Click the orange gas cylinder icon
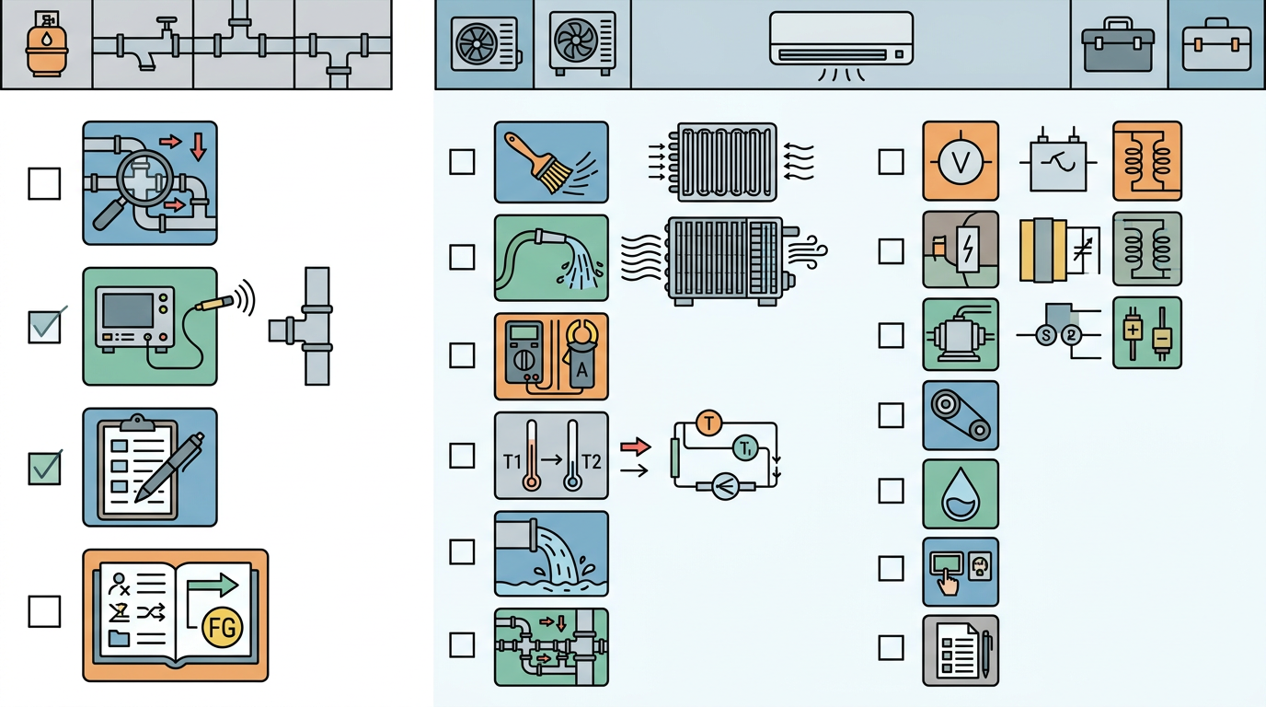click(x=47, y=44)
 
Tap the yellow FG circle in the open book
click(x=222, y=627)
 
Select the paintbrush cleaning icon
click(x=551, y=162)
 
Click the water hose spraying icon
click(x=551, y=258)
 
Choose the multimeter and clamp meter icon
click(x=551, y=356)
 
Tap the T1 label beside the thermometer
click(x=512, y=462)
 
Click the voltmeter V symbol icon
click(x=961, y=160)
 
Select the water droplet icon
click(x=961, y=493)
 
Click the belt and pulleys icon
click(x=961, y=415)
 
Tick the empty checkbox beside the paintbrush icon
click(x=462, y=162)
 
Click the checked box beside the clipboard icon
click(x=44, y=469)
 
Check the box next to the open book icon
click(x=44, y=611)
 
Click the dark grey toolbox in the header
click(x=1117, y=45)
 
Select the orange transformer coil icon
click(x=1146, y=160)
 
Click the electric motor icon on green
click(x=961, y=334)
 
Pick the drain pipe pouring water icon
click(x=551, y=553)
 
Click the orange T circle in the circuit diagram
click(x=708, y=423)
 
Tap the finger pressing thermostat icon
click(x=961, y=572)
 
